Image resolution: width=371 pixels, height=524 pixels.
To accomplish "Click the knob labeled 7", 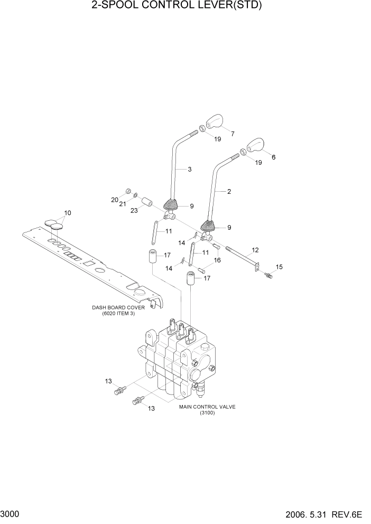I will tap(216, 121).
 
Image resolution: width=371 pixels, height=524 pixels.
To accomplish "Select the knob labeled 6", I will tap(255, 145).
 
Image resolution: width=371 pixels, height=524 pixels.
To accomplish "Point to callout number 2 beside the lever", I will tap(229, 192).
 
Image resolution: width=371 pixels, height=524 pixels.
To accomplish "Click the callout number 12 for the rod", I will tap(255, 249).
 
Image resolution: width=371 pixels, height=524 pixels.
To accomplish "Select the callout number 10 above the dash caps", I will tap(67, 213).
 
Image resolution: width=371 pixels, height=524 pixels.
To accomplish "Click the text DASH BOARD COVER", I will tap(118, 307).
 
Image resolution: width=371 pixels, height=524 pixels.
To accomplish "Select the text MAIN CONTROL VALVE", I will tap(207, 407).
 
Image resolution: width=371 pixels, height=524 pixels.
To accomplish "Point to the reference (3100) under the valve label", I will tap(207, 413).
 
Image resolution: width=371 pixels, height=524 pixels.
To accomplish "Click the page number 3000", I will tap(11, 513).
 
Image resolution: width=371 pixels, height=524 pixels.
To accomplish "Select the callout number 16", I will tap(217, 260).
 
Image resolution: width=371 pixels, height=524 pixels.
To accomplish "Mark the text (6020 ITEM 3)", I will tap(118, 314).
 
